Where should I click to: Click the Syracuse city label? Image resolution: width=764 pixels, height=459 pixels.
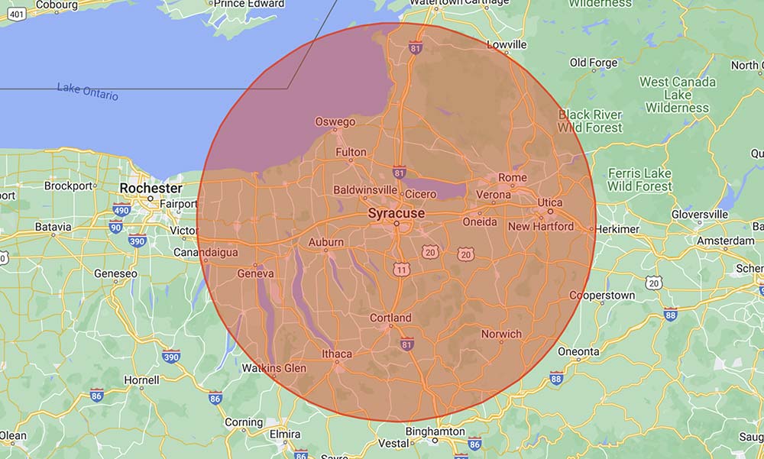coord(396,213)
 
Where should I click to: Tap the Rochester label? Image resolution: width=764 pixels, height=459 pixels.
coord(151,188)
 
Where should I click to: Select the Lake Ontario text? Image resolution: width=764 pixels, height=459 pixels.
coord(88,92)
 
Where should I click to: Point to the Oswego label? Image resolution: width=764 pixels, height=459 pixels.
coord(335,121)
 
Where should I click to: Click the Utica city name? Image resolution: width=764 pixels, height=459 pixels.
coord(549,202)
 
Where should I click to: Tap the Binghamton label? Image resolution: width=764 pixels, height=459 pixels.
coord(435,432)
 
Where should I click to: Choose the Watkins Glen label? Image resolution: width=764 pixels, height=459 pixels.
coord(274,368)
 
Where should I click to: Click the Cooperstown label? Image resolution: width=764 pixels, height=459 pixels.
coord(602,296)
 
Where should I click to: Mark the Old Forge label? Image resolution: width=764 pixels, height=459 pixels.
coord(594,63)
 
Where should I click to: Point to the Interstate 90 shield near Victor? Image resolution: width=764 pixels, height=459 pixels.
coord(115,226)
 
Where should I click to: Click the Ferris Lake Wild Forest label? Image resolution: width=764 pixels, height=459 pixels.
coord(640,179)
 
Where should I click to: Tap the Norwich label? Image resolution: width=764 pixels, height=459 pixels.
coord(501,334)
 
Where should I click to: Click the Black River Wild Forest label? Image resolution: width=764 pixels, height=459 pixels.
coord(590,121)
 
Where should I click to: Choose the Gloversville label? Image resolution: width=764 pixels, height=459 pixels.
coord(700,215)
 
